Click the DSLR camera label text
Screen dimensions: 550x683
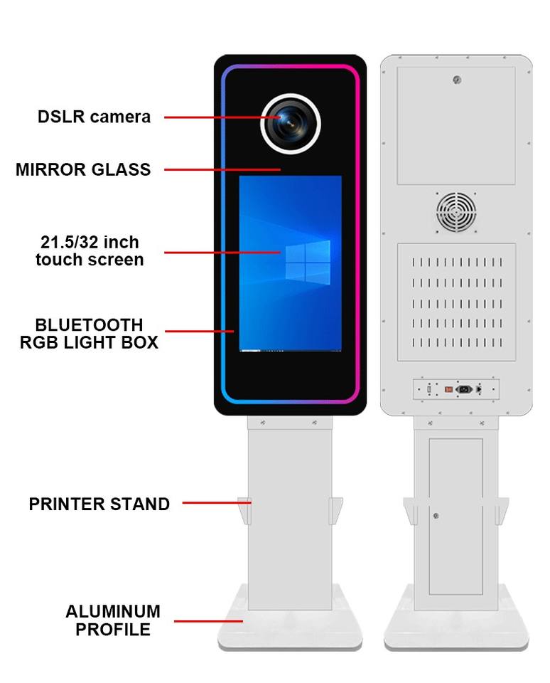[94, 117]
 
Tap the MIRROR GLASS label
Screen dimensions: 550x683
[83, 169]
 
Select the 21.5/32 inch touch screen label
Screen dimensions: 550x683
[90, 251]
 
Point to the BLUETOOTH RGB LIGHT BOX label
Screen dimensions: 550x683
[89, 334]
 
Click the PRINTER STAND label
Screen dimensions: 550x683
[99, 504]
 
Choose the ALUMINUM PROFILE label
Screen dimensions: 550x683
[113, 620]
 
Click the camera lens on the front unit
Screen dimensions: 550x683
[291, 124]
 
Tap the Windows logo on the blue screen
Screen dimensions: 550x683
[308, 263]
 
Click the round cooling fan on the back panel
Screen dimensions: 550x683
[456, 213]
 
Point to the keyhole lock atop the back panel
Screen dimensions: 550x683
[457, 80]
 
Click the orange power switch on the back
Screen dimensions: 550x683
[448, 389]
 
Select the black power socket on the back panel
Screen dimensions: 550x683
[464, 389]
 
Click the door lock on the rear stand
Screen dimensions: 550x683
[436, 517]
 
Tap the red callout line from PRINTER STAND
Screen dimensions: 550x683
[217, 503]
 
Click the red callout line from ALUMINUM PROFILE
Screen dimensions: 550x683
[208, 621]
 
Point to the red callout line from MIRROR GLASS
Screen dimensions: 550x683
[222, 169]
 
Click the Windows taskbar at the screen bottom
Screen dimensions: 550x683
[290, 350]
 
